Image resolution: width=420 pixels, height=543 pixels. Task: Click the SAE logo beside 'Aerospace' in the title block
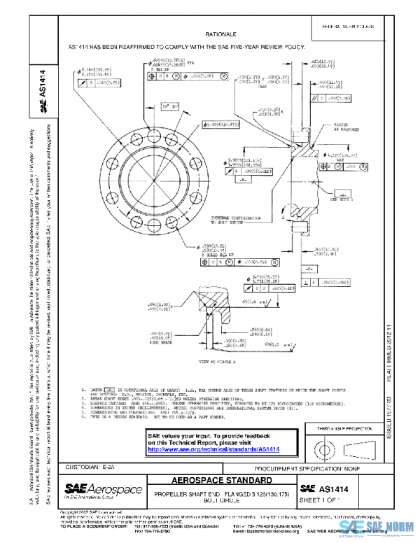pos(77,488)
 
